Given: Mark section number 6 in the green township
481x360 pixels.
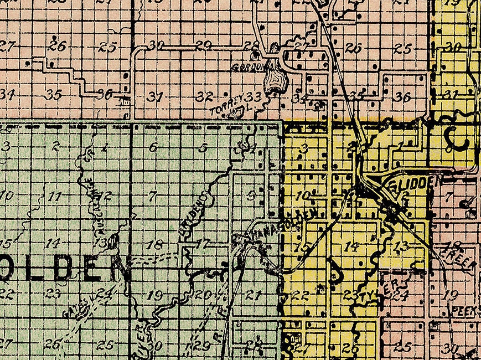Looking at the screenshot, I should click(153, 147).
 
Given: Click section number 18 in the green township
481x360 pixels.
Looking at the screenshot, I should click(156, 244).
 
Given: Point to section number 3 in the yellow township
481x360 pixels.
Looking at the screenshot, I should click(304, 148).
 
